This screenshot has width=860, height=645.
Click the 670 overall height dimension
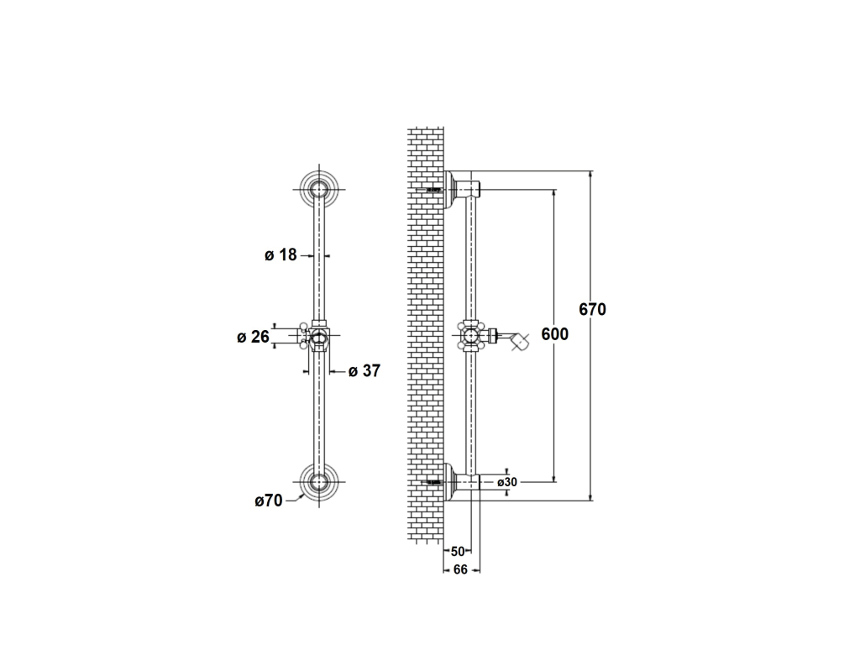coord(592,309)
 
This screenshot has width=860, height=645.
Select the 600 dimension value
coord(554,334)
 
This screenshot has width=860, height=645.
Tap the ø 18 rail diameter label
coord(281,255)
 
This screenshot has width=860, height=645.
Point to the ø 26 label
coord(253,337)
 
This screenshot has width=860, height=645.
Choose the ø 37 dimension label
coord(364,371)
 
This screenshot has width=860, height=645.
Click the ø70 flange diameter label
coord(268,501)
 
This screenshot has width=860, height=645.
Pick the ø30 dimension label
coord(507,482)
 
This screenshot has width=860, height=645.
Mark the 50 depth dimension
coord(458,551)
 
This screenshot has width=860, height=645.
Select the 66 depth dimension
coord(460,570)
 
